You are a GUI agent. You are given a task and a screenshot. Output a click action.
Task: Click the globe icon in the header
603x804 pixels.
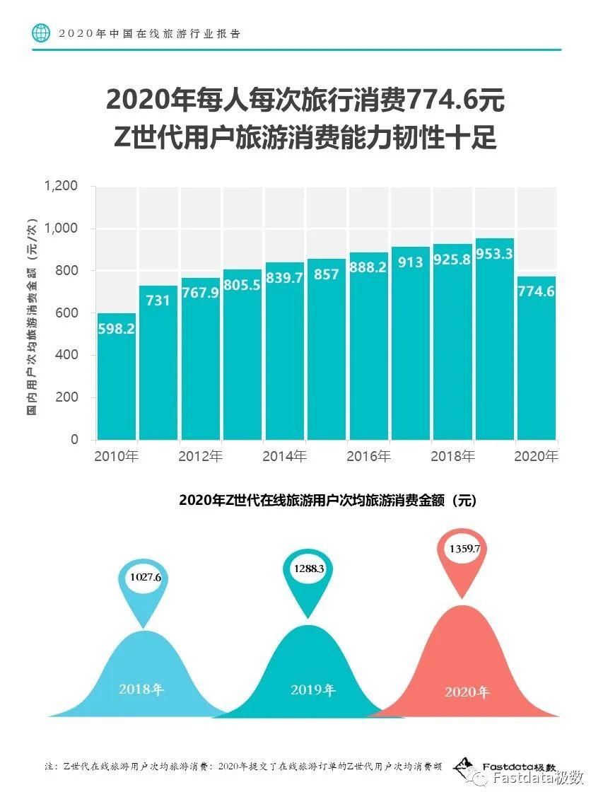[42, 33]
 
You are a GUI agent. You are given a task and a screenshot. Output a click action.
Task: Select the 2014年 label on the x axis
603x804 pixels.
[284, 457]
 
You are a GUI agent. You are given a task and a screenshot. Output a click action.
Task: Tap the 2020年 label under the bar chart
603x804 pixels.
[536, 457]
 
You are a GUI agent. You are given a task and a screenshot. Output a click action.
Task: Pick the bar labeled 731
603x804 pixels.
[158, 368]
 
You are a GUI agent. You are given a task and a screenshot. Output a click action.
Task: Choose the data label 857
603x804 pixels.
[327, 274]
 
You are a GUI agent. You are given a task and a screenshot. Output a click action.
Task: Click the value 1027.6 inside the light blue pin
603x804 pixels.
[146, 577]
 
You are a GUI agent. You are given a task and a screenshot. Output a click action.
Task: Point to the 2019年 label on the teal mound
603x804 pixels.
[312, 690]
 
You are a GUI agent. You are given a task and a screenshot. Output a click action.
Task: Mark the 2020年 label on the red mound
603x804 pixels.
[467, 692]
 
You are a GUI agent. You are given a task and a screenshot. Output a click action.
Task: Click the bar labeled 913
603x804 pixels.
[411, 346]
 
